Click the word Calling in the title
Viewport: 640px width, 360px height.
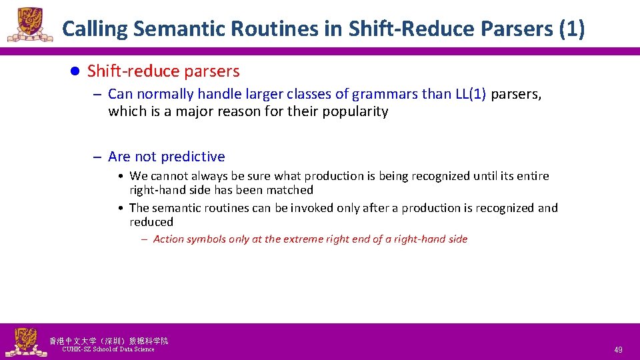(x=95, y=29)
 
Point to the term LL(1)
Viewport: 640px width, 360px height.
(x=471, y=94)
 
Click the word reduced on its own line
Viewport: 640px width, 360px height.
(x=151, y=222)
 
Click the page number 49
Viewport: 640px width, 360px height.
(x=618, y=349)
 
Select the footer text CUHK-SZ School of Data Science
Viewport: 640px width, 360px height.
(x=108, y=349)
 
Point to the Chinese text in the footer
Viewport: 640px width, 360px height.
(x=109, y=341)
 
